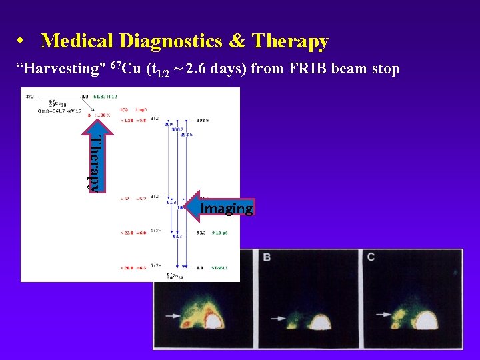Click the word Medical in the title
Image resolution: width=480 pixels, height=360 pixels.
[x=77, y=41]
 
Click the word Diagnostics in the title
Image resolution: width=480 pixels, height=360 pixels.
[x=171, y=41]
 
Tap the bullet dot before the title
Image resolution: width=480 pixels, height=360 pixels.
[x=22, y=42]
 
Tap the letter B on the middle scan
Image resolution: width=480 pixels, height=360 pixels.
[x=267, y=257]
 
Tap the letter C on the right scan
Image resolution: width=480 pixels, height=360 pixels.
[x=370, y=257]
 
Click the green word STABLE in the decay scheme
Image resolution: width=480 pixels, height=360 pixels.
[x=221, y=267]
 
